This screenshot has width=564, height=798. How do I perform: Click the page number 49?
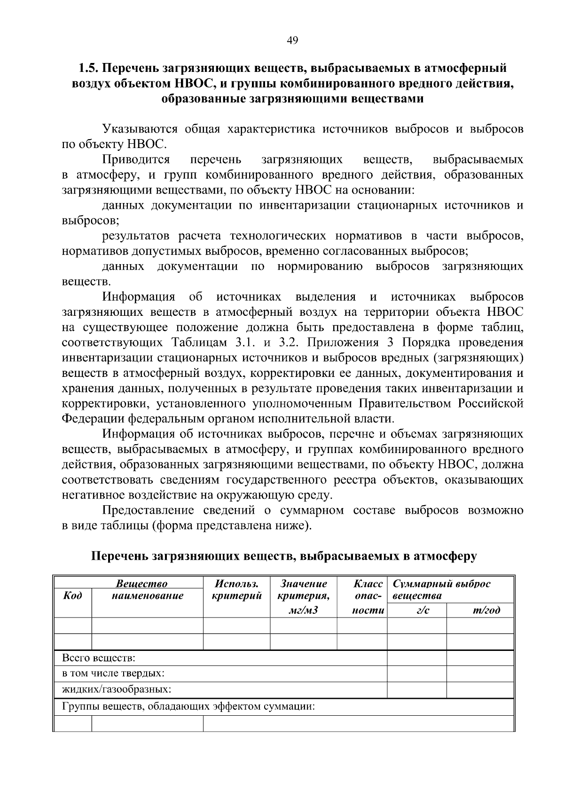pos(292,41)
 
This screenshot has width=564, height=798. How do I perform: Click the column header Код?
pos(72,596)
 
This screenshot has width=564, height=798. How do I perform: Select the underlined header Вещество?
pos(141,584)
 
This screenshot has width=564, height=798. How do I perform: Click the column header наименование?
pos(147,596)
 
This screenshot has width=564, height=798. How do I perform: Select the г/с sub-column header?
pos(416,610)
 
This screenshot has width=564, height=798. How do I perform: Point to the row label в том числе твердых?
pos(113,673)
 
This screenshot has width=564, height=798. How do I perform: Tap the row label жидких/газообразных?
pos(117,689)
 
